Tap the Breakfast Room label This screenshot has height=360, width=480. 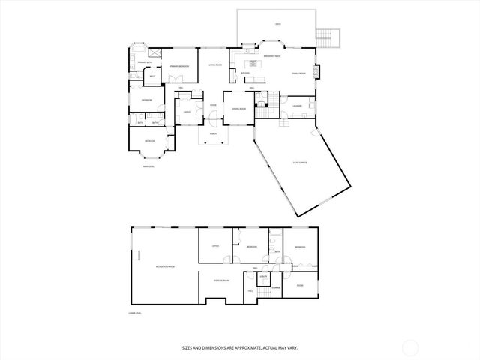pos(272,56)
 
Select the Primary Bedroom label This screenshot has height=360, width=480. pos(179,66)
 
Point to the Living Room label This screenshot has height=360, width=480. pos(214,65)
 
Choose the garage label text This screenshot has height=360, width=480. pos(301,162)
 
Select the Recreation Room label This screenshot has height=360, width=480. pos(165,265)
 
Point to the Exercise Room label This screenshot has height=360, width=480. pos(220,280)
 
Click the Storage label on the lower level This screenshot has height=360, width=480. pos(276,287)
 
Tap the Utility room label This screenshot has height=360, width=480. pos(263,277)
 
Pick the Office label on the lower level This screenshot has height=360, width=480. pos(214,245)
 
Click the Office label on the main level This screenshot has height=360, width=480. pos(186,112)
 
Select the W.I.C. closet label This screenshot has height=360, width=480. pos(151,76)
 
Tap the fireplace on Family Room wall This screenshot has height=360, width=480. pos(318,72)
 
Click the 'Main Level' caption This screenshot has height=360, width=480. pos(148,166)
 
